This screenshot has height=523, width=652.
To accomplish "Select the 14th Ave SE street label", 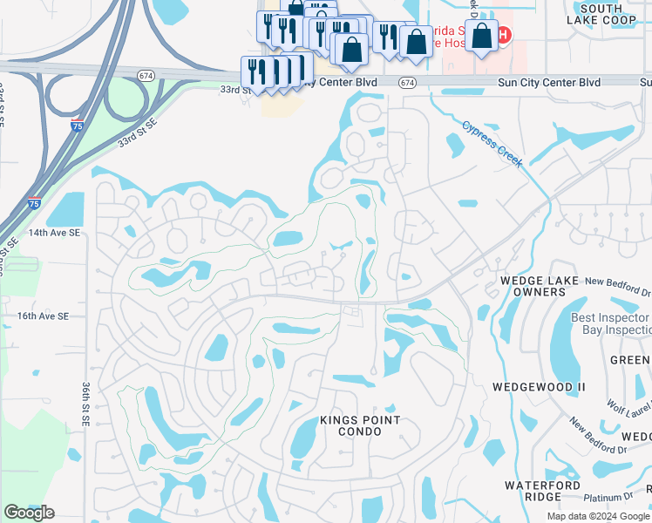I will (54, 234).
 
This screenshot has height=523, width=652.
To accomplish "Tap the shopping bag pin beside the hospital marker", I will (482, 37).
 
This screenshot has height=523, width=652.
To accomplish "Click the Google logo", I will (29, 513).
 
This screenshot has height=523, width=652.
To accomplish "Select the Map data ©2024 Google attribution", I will (597, 516).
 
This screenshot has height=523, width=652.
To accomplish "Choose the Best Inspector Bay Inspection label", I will (610, 323).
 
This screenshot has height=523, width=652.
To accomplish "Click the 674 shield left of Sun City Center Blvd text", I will (407, 82).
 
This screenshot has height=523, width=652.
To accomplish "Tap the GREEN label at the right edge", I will (629, 360).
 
